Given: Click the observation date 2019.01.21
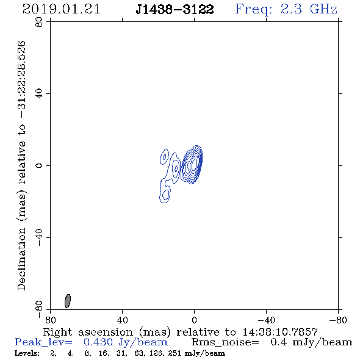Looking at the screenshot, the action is [61, 9].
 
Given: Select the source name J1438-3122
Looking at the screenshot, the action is [175, 9].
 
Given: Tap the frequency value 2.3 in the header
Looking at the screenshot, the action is [291, 9].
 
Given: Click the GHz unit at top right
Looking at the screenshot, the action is [323, 9].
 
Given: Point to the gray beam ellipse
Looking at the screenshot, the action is [68, 301].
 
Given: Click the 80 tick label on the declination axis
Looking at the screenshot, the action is [39, 22].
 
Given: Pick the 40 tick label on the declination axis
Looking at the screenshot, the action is [39, 94].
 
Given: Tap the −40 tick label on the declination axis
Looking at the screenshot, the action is [39, 237].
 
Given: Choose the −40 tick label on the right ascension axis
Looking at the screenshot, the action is [266, 320].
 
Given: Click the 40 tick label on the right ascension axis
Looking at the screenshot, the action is [122, 320].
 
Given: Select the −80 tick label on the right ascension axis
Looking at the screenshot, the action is [338, 320].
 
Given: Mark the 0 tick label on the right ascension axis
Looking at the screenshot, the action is [194, 320].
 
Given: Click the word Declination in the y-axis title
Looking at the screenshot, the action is [21, 259].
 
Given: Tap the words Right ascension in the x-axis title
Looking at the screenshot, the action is [88, 332].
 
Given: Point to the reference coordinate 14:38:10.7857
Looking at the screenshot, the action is [280, 332].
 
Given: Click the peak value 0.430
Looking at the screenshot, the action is [98, 342].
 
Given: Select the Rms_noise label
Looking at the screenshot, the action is [225, 342].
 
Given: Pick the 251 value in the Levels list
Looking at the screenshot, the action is [174, 353].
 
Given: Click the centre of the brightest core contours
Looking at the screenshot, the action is [194, 164].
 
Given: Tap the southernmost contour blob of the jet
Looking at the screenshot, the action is [165, 195].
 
